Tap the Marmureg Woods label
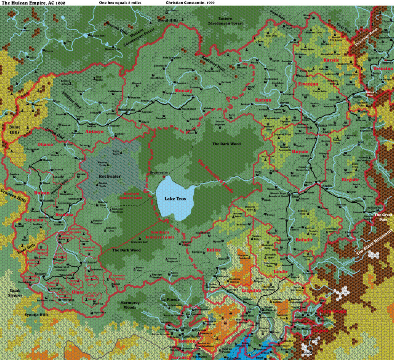click(129, 305)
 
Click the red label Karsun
click(263, 100)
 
